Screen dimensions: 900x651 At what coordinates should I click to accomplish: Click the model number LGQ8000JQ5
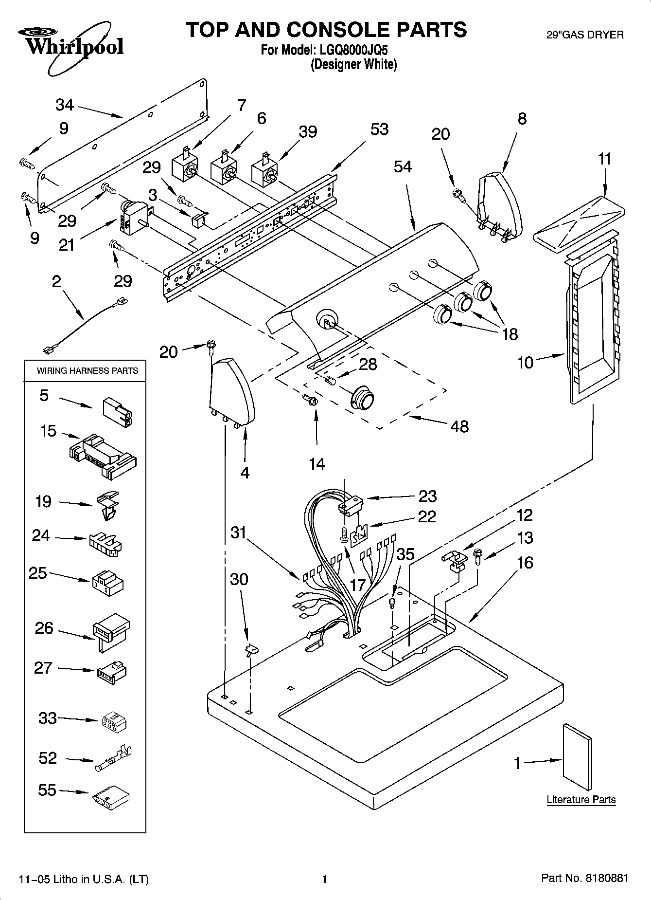point(354,50)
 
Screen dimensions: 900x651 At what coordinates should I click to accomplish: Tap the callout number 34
point(64,105)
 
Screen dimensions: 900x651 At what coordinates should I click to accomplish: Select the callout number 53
point(379,129)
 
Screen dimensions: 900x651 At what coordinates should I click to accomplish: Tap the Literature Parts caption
point(581,799)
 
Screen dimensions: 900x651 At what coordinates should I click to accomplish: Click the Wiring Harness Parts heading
point(88,370)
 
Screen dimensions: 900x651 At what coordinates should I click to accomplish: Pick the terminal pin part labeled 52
point(113,759)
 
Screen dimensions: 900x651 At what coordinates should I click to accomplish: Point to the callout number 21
point(67,245)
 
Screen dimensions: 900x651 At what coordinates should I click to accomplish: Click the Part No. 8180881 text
point(584,878)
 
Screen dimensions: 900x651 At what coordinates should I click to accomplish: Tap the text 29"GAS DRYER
point(585,35)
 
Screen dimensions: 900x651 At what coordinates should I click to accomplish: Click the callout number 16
point(525,563)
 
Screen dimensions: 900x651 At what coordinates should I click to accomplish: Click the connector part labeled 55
point(111,797)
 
